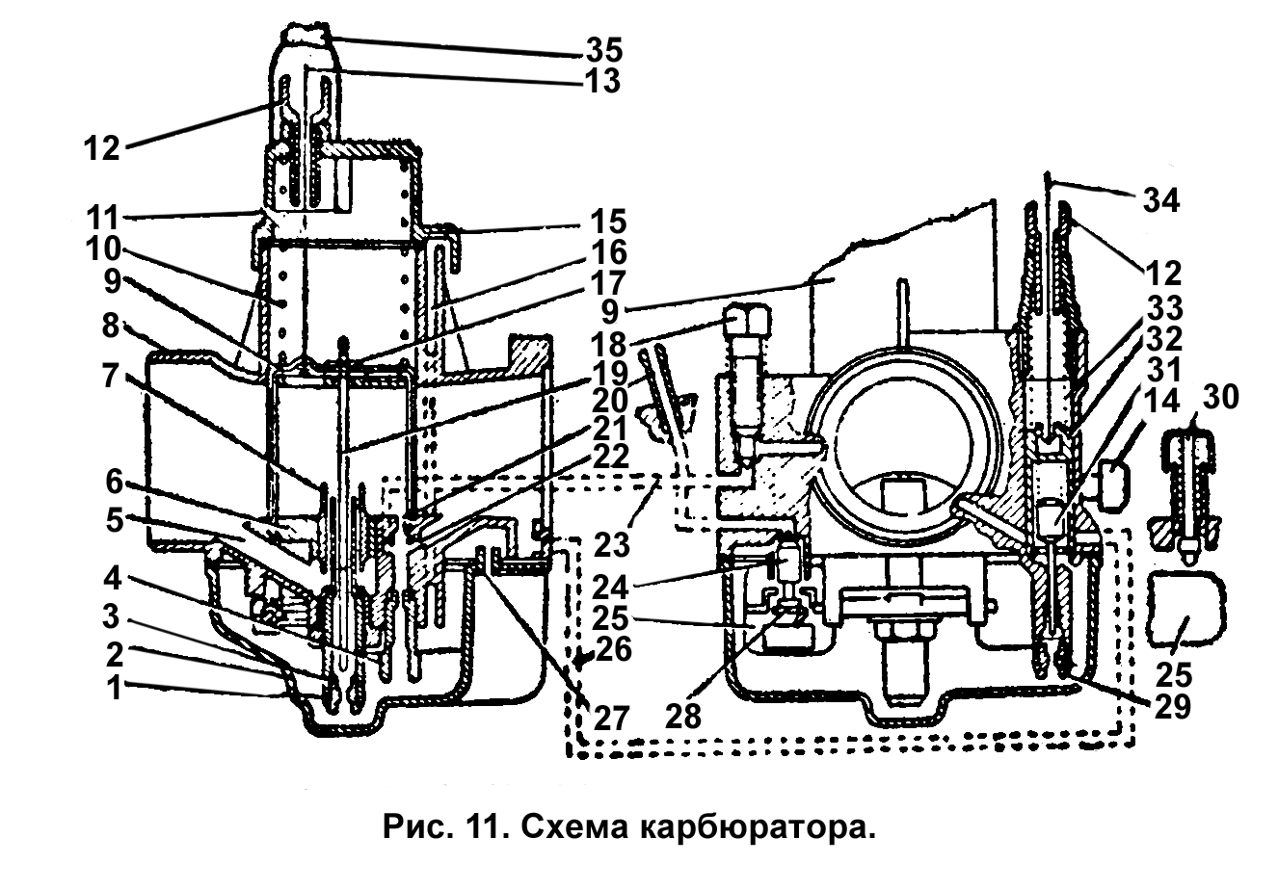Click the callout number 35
pos(604,47)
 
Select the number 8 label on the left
pos(113,327)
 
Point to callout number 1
pos(115,689)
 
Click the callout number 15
pos(604,221)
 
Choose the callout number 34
pos(1161,200)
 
